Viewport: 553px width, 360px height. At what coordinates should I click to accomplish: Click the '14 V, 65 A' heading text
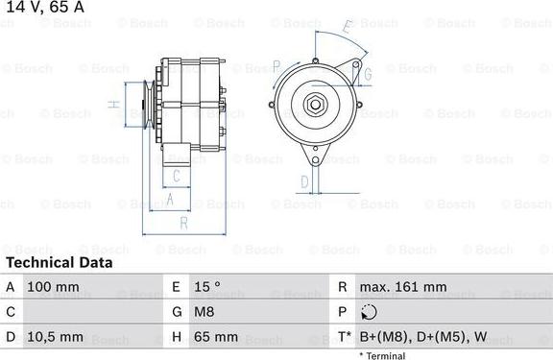pyautogui.click(x=43, y=8)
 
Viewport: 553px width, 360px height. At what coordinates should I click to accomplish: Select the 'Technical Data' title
pyautogui.click(x=60, y=262)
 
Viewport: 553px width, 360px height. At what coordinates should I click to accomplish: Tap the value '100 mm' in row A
pyautogui.click(x=53, y=287)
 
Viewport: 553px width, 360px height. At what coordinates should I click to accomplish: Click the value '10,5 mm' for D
pyautogui.click(x=57, y=337)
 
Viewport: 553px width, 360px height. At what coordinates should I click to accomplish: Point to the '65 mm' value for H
pyautogui.click(x=218, y=337)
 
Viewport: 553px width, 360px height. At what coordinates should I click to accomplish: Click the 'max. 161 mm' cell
pyautogui.click(x=402, y=287)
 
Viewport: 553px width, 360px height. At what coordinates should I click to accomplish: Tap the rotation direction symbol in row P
pyautogui.click(x=371, y=312)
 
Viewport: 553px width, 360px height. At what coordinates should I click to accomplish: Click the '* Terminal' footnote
pyautogui.click(x=382, y=355)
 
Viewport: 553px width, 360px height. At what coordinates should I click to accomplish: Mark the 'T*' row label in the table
pyautogui.click(x=344, y=337)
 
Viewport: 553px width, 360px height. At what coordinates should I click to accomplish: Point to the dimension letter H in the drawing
pyautogui.click(x=112, y=104)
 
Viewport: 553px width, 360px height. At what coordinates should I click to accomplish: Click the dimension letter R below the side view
pyautogui.click(x=183, y=223)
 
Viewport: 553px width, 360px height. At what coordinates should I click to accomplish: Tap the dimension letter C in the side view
pyautogui.click(x=175, y=176)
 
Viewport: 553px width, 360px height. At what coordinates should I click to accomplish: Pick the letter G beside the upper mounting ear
pyautogui.click(x=366, y=74)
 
